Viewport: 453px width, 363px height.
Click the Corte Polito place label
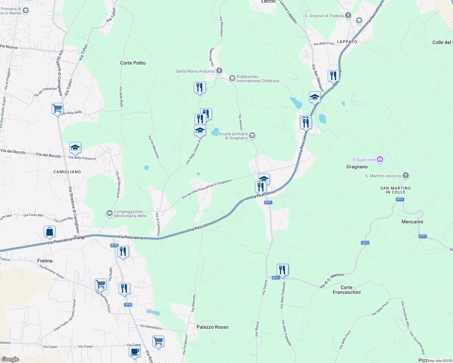coord(133,63)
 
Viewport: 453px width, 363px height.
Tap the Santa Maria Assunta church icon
coord(219,71)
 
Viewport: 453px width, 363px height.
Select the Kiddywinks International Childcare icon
coord(232,79)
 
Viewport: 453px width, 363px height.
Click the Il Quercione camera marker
coord(380,159)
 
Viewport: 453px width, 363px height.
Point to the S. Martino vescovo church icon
coord(406,175)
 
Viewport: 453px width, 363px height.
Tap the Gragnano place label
coord(357,167)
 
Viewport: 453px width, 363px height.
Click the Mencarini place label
coord(412,222)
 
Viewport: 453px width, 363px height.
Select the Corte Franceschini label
coord(346,290)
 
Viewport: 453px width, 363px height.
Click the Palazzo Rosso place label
coord(212,327)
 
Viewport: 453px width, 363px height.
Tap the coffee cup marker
coord(134,352)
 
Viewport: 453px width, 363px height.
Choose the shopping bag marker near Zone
coord(49,232)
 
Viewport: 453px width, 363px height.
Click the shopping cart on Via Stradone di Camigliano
coord(57,108)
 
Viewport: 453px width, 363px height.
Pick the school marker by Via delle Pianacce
coord(75,148)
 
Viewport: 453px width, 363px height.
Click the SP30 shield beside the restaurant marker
coord(114,245)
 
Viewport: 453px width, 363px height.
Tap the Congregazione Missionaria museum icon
coord(109,214)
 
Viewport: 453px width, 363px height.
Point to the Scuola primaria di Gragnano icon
coord(252,136)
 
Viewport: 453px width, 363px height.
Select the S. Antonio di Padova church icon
coord(348,15)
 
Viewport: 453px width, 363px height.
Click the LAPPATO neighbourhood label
coord(347,42)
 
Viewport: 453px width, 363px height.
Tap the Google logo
coord(10,359)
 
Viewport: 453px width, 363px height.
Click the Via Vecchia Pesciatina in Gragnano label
coord(207,189)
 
